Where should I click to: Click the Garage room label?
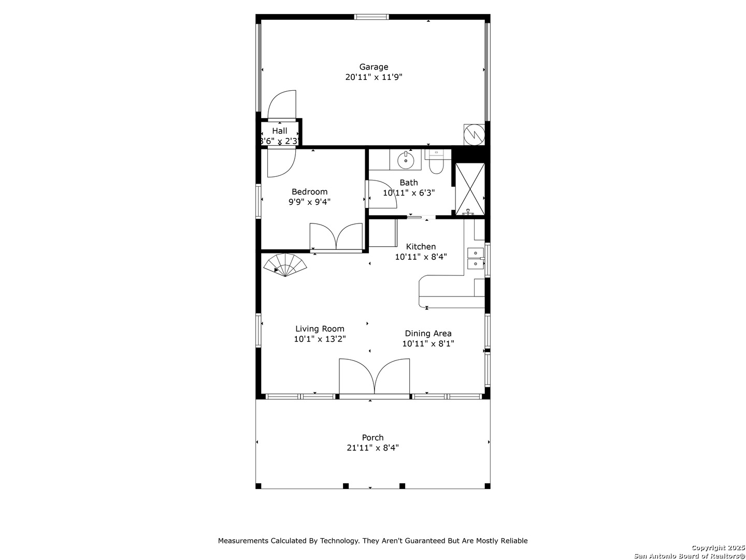[374, 67]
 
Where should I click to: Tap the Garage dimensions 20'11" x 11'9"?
[374, 77]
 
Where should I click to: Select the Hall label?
[279, 131]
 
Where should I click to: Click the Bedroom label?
[309, 191]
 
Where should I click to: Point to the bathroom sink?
[405, 160]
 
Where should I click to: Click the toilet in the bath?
[436, 162]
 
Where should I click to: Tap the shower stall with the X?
[470, 189]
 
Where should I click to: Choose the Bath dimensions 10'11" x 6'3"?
[409, 193]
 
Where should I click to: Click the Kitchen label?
[421, 246]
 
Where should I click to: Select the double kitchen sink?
[476, 258]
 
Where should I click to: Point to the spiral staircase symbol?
[285, 264]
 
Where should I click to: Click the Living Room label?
[320, 328]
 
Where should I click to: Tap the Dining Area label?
[428, 333]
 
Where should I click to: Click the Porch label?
[372, 437]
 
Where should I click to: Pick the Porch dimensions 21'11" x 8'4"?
[372, 447]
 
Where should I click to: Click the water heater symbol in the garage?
[474, 135]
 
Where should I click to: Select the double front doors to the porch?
[374, 377]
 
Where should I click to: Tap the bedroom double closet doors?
[336, 237]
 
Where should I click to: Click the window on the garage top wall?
[371, 17]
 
